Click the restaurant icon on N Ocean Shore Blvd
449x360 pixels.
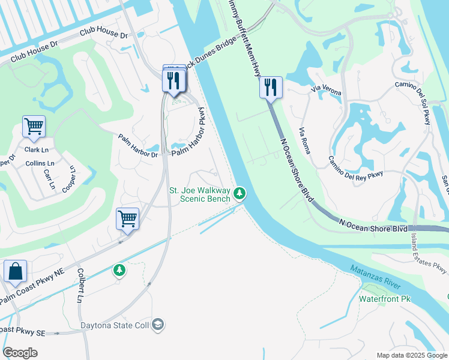click(x=270, y=88)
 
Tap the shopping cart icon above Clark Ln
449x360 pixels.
click(x=34, y=127)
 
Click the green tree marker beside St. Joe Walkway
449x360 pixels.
click(x=240, y=193)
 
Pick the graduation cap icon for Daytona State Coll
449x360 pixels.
click(x=158, y=325)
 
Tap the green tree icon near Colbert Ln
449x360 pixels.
click(x=119, y=271)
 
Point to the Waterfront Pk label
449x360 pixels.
click(x=384, y=298)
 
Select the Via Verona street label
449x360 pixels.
click(x=326, y=91)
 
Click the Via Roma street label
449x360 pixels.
click(x=304, y=141)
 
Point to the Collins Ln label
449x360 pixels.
click(x=40, y=163)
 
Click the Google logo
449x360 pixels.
click(x=20, y=353)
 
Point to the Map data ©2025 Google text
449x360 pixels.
click(x=411, y=355)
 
